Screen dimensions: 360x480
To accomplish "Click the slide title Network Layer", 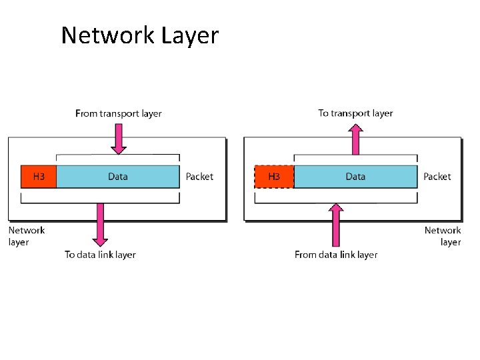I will [x=139, y=35].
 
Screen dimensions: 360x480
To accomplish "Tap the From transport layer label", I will [x=119, y=113].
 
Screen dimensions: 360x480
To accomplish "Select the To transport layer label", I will [x=355, y=113].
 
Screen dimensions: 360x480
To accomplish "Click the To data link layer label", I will [x=100, y=255].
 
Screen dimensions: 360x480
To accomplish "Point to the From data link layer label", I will [x=336, y=255].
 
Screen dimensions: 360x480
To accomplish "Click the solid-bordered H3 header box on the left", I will [x=39, y=177].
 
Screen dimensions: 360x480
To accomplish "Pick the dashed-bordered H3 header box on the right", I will [x=273, y=177].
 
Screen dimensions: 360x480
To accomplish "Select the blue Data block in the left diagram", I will [x=118, y=177].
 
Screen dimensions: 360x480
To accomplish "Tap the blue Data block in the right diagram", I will [x=355, y=177].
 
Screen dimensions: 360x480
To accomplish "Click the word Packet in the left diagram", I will [x=199, y=177].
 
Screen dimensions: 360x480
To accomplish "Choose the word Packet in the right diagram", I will [x=437, y=177].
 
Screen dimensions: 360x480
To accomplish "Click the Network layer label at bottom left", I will [x=26, y=236].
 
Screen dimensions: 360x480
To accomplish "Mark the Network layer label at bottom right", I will [x=443, y=236].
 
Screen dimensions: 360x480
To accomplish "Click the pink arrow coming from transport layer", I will [x=118, y=139].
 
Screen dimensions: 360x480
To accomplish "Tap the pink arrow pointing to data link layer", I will [x=100, y=223].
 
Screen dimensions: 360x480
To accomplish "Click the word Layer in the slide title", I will [x=189, y=35].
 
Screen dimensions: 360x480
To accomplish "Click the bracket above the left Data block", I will [x=118, y=156].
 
